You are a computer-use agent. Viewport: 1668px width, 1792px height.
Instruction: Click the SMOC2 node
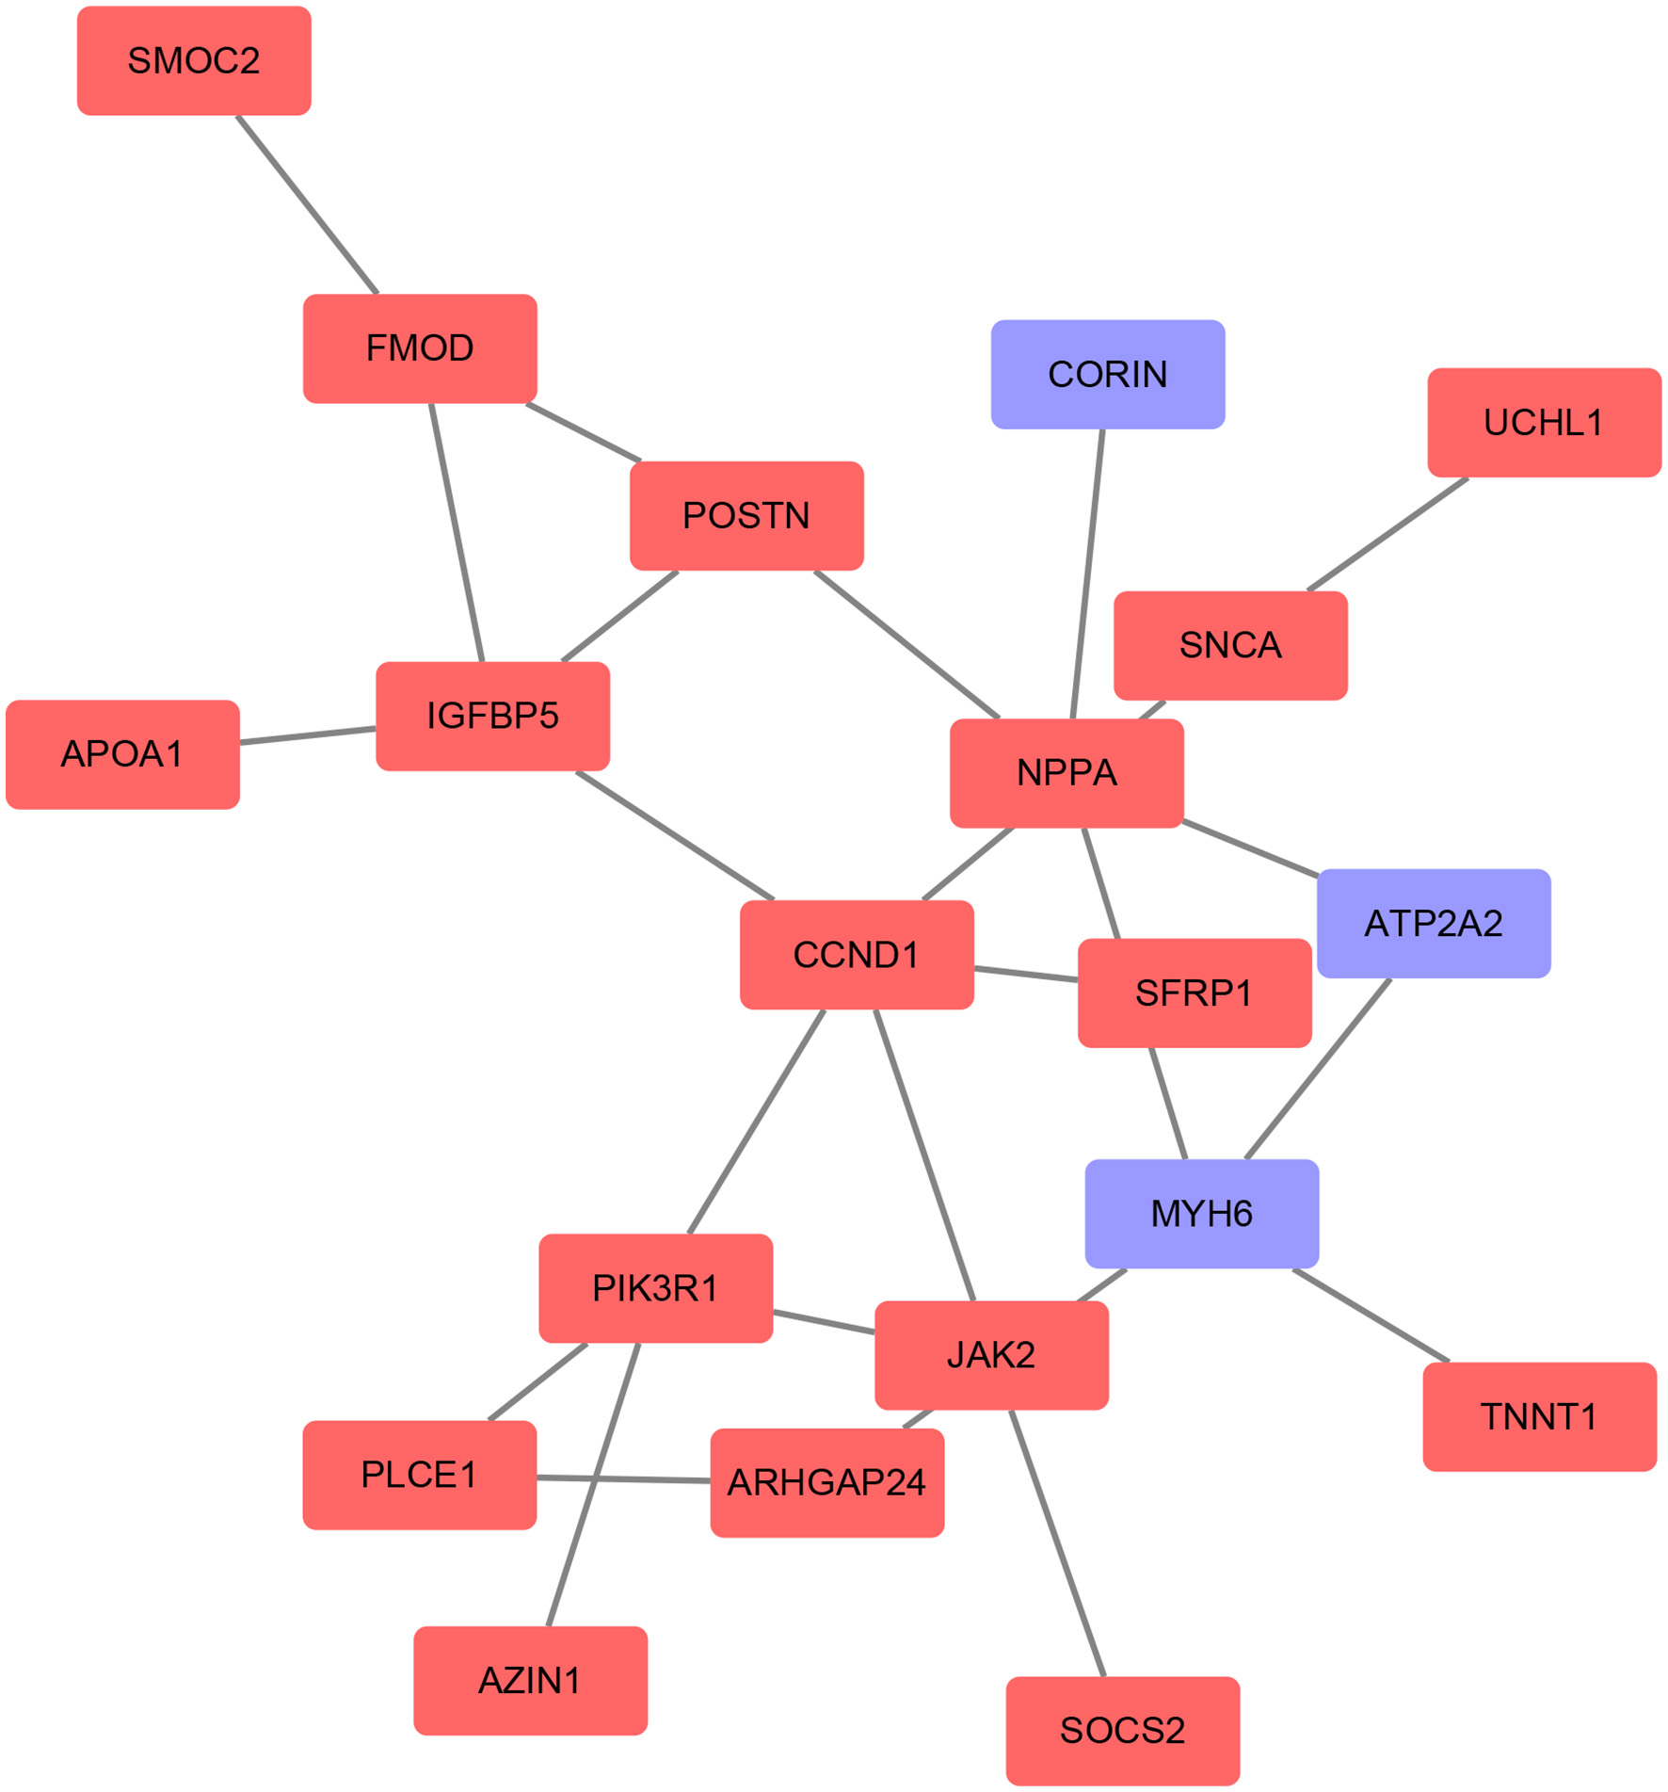(x=194, y=61)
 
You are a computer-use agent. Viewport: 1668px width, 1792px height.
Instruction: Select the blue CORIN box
(x=1108, y=375)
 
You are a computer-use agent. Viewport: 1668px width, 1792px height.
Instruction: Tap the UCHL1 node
(x=1544, y=423)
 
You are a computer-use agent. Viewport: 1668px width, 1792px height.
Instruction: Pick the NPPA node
(x=1067, y=773)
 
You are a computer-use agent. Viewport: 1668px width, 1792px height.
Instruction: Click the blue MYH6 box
(x=1201, y=1214)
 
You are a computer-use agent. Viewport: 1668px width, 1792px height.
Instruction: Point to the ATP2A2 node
(x=1433, y=924)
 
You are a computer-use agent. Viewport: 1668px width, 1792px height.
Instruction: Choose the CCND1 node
(x=857, y=955)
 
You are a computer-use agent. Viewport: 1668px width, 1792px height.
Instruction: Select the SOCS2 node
(x=1122, y=1731)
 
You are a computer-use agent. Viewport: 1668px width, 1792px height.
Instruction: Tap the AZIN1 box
(x=530, y=1681)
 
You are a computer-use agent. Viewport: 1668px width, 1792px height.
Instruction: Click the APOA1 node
(x=122, y=754)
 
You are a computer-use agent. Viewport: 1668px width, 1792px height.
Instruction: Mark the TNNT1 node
(x=1539, y=1417)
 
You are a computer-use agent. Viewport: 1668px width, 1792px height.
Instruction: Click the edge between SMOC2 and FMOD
(x=307, y=205)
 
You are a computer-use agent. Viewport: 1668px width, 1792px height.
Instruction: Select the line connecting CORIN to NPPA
(x=1087, y=574)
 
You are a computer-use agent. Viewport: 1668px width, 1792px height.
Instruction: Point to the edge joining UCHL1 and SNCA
(x=1388, y=535)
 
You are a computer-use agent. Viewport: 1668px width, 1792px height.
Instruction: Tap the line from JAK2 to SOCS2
(x=1056, y=1543)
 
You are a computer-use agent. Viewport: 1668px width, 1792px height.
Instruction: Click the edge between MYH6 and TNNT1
(x=1371, y=1316)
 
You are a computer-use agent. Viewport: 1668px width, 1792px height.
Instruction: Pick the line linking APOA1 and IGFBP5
(x=308, y=735)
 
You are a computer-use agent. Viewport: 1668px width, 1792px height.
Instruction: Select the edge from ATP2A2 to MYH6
(x=1318, y=1069)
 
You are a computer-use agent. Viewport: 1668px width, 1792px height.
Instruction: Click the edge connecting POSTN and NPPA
(x=906, y=644)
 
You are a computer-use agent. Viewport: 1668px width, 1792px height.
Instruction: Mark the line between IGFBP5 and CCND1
(x=675, y=835)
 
